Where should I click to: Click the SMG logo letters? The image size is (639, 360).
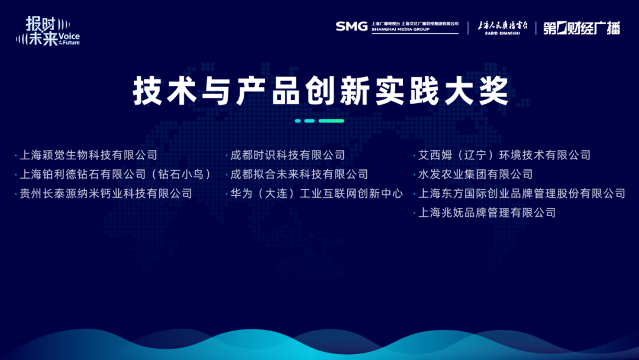pos(351,27)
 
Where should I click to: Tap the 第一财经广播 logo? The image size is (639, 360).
pos(582,28)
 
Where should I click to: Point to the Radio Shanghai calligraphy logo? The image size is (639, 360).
pos(502,27)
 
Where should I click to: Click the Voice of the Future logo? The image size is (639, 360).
pos(48,31)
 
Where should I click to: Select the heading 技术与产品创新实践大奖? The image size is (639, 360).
pos(320,91)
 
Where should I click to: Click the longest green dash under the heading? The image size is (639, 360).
pos(331,121)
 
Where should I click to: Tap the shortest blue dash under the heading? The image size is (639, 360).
pos(298,121)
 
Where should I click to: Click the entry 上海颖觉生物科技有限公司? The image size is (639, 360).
pos(88,155)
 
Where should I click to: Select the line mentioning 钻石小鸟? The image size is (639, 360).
pos(115,174)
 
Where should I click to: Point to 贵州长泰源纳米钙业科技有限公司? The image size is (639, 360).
pos(106,193)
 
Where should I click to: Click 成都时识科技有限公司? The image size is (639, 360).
pos(288,155)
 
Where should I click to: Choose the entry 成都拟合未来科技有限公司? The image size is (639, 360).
pos(299,174)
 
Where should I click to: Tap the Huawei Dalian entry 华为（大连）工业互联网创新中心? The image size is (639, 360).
pos(317,193)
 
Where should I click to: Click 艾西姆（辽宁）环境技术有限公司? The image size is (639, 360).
pos(505,155)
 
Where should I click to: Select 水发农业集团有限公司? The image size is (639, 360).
pos(476,174)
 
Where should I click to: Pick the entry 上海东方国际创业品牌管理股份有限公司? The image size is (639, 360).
pos(522,193)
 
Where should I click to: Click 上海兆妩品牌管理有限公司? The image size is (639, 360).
pos(487,213)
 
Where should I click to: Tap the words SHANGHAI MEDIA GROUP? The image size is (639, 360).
pos(400,30)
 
